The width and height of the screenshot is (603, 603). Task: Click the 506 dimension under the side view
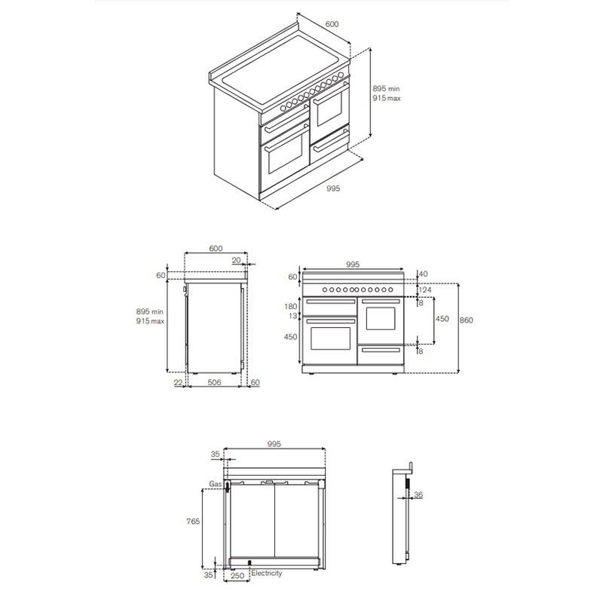[x=213, y=383]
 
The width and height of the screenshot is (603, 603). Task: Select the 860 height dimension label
[x=467, y=320]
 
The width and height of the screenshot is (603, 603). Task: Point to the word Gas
[x=215, y=482]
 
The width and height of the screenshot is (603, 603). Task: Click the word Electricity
[x=267, y=574]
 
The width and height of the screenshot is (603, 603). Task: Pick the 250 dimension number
[x=237, y=577]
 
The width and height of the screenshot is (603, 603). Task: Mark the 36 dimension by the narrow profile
[x=418, y=494]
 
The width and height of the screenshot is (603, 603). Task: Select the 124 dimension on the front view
[x=424, y=290]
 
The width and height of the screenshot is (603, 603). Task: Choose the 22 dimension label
[x=178, y=383]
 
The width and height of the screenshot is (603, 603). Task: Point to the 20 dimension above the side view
[x=236, y=260]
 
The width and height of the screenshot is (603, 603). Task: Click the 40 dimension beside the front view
[x=423, y=274]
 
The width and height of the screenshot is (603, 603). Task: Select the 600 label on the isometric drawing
[x=332, y=24]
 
